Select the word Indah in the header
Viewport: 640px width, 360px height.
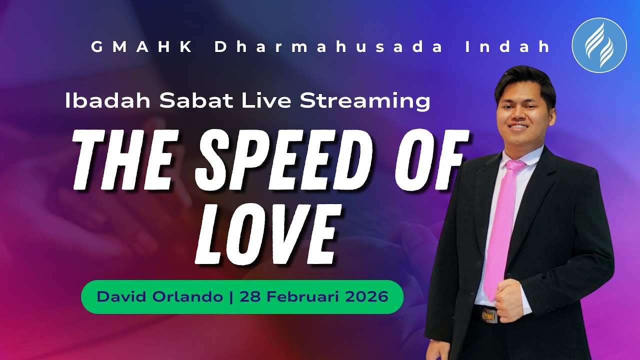click(507, 47)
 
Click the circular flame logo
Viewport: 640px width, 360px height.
click(599, 45)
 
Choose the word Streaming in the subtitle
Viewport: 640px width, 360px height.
click(364, 101)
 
